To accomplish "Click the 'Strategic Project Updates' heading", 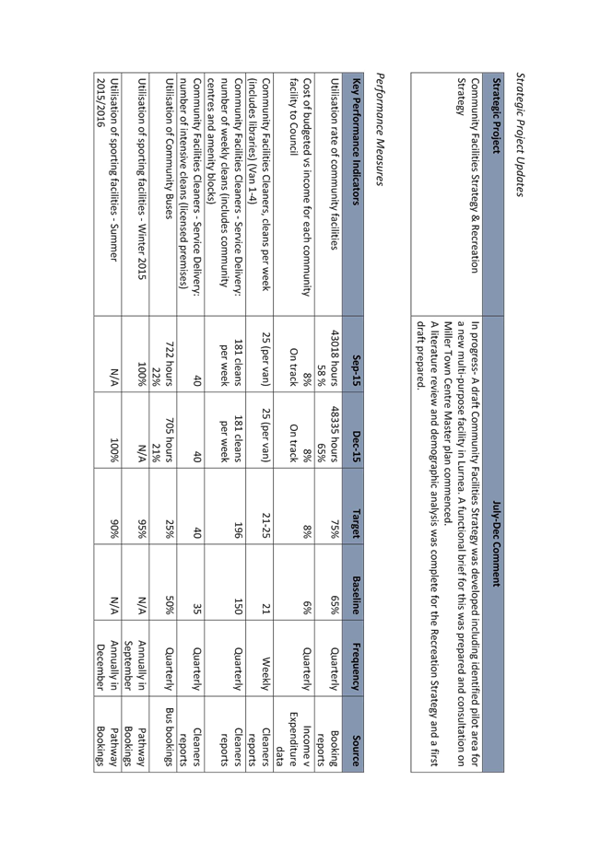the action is pos(520,134).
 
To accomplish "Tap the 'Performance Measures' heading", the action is pos(379,129).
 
